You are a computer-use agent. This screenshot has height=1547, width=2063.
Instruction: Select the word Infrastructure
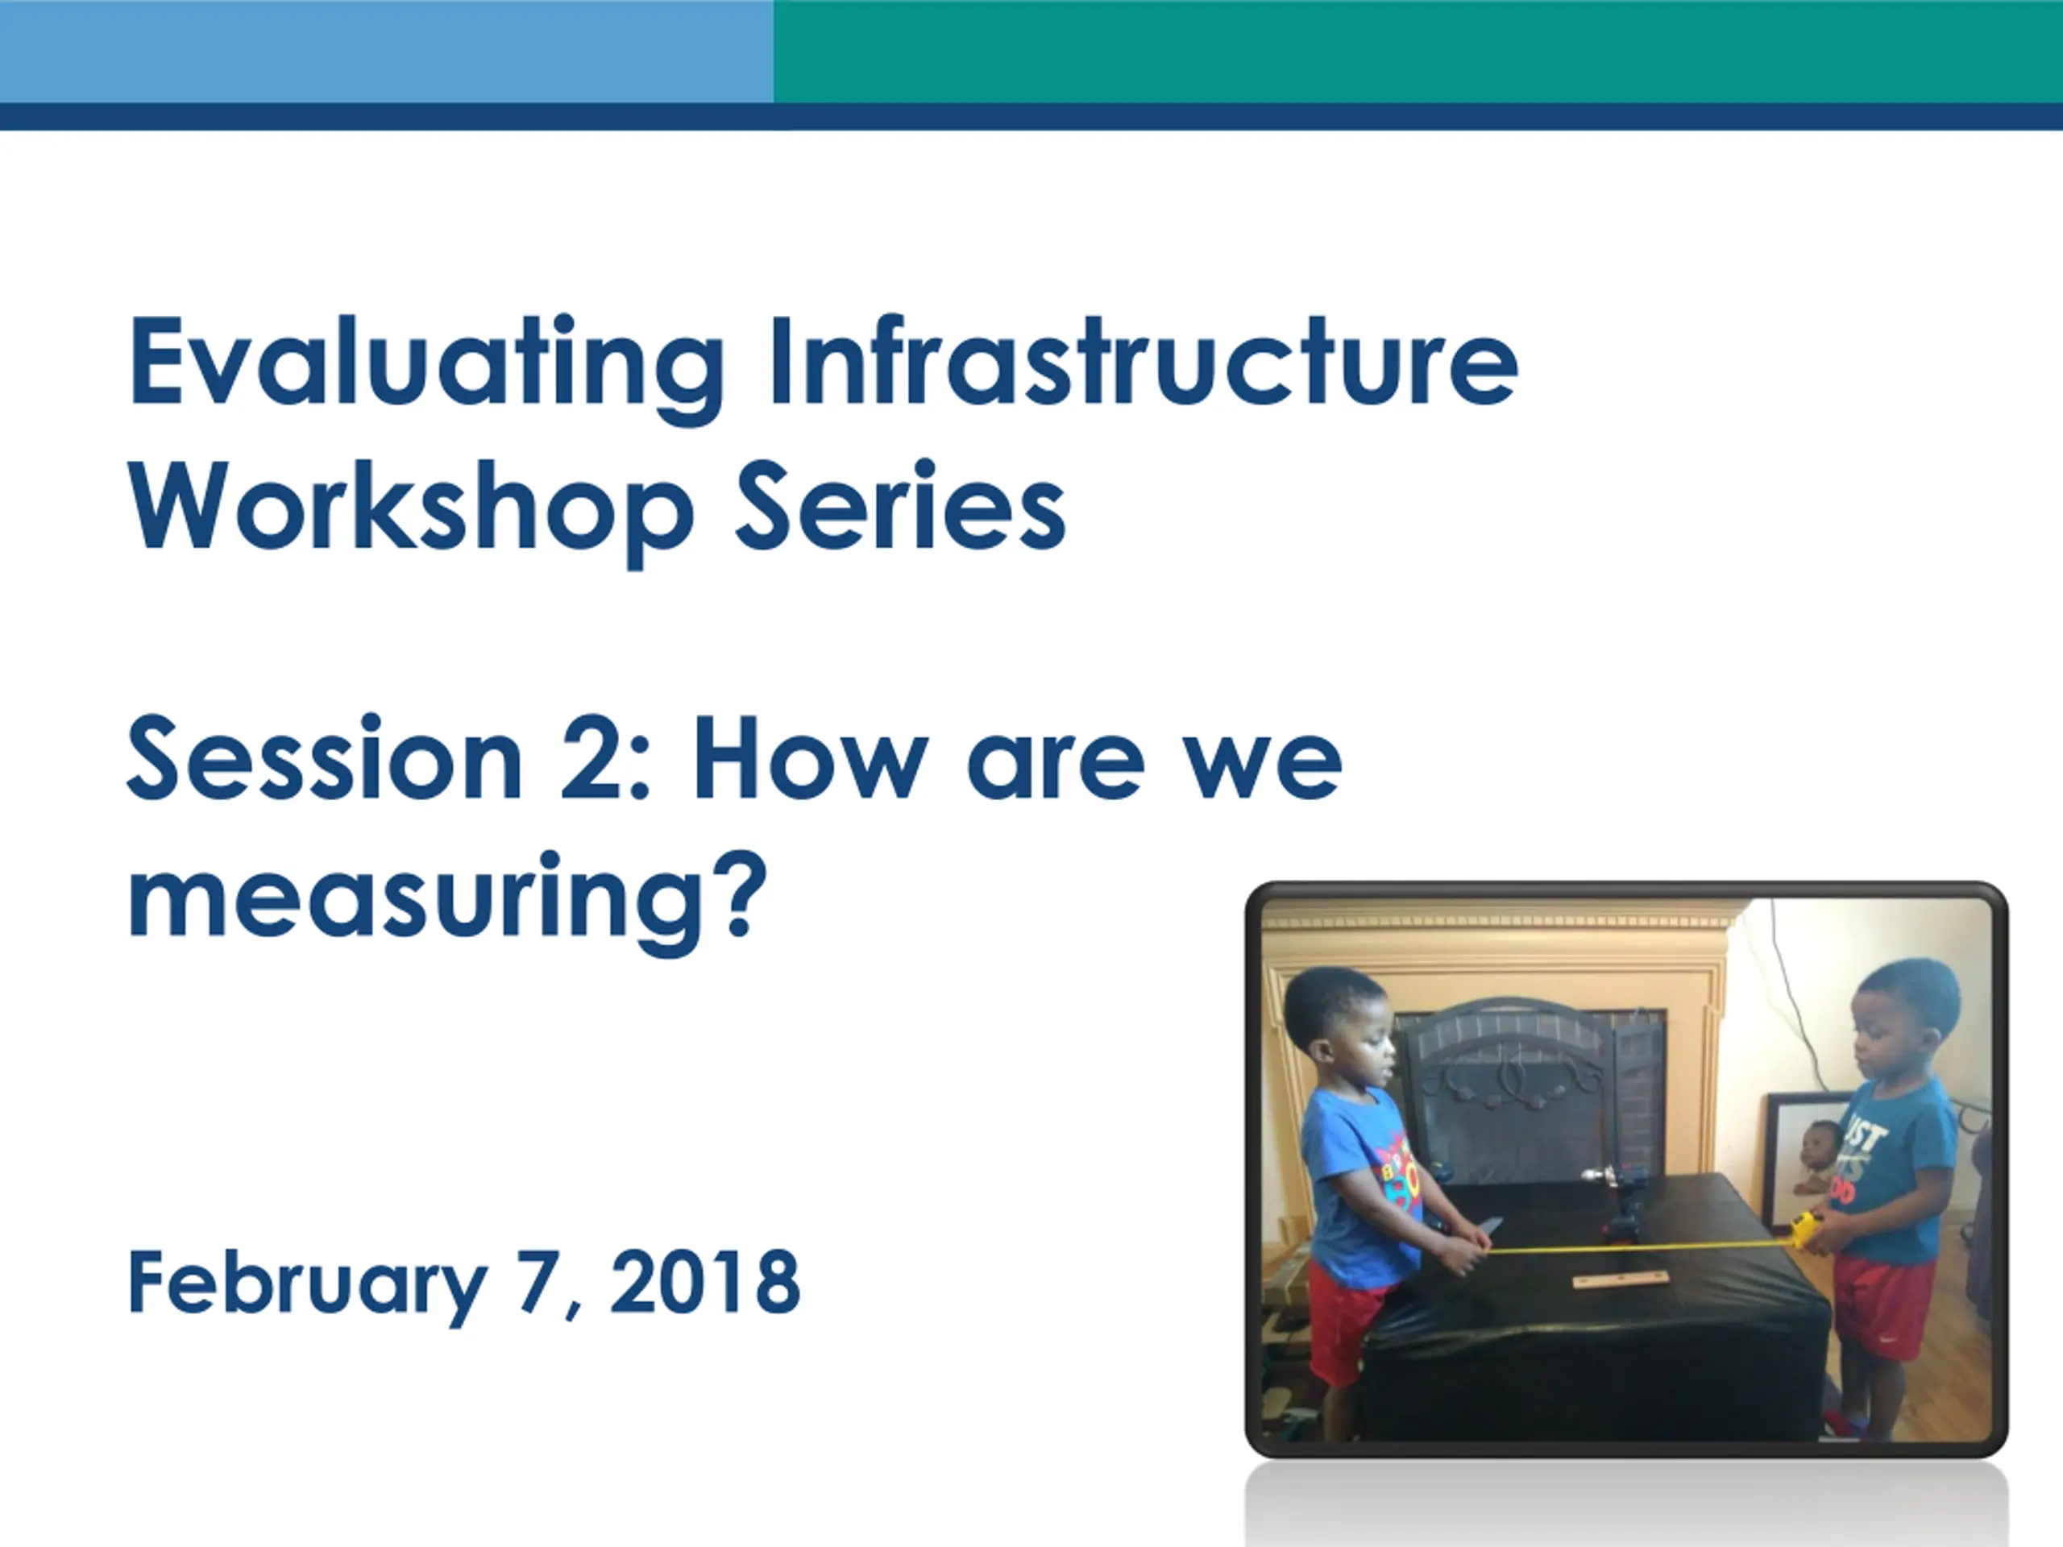(x=1144, y=361)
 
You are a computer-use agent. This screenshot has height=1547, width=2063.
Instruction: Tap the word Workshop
(x=411, y=511)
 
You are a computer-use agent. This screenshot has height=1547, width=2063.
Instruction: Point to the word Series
(x=900, y=504)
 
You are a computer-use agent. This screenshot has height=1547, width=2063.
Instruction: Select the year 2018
(x=705, y=1282)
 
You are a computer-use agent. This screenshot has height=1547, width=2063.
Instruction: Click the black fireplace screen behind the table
(x=1530, y=1091)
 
